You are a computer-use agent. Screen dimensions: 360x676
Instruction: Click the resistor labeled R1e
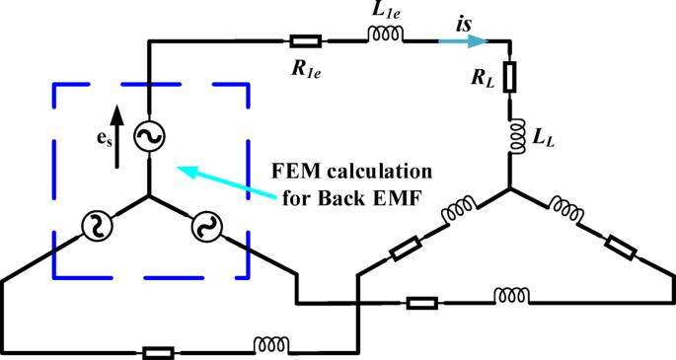[x=305, y=41]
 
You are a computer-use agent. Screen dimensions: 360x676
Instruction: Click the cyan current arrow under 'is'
[x=465, y=41]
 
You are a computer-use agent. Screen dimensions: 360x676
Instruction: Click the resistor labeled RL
[x=509, y=77]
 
